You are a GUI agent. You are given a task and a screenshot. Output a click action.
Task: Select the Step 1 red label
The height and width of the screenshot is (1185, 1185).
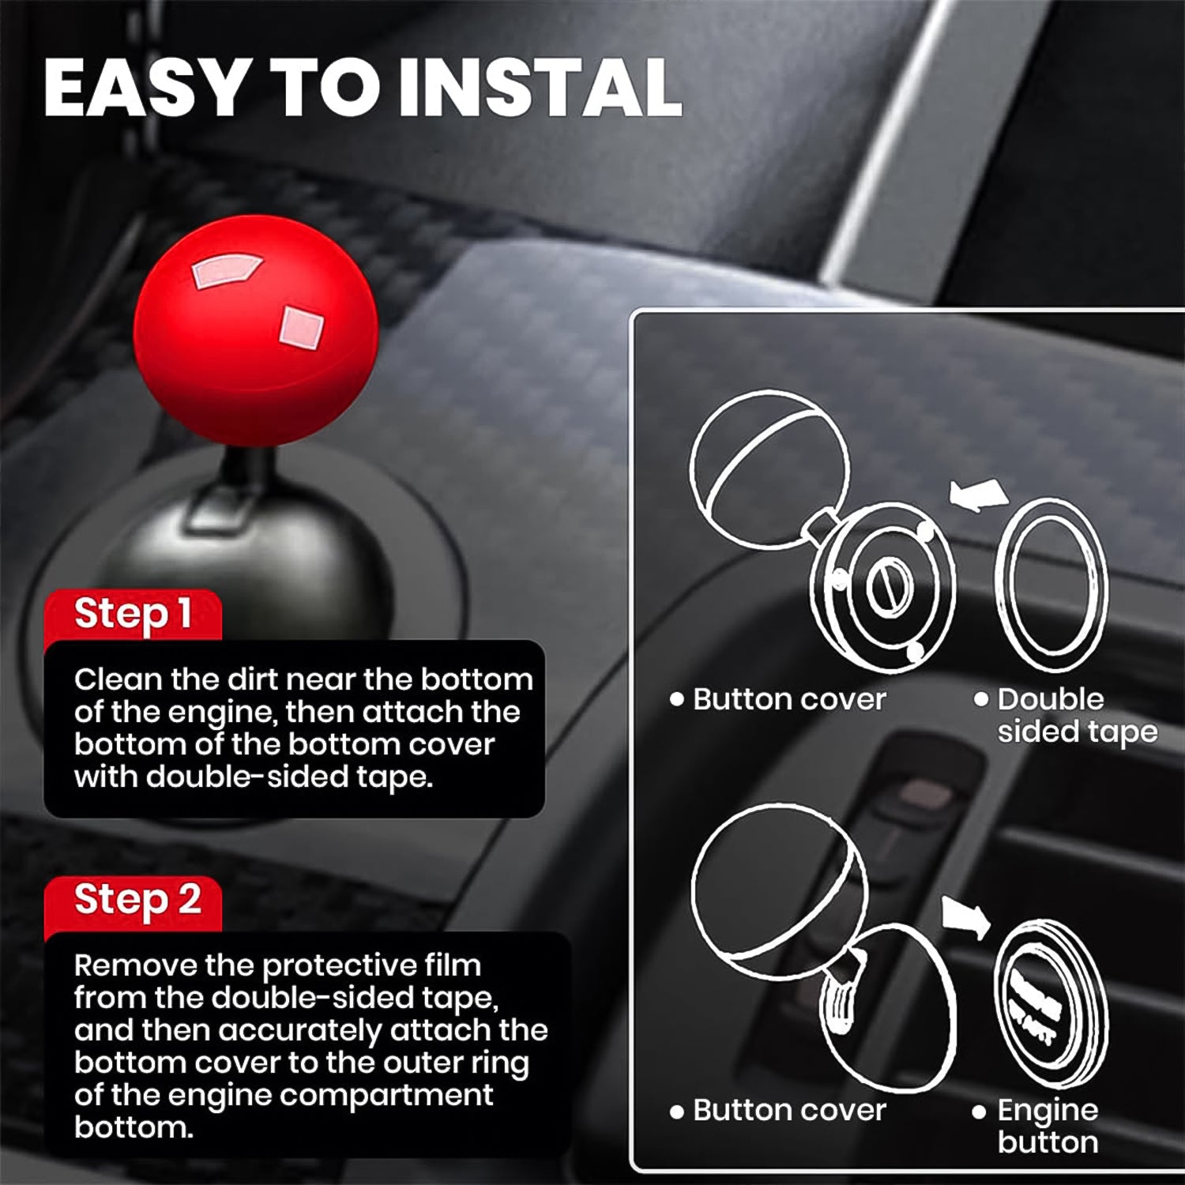tap(133, 614)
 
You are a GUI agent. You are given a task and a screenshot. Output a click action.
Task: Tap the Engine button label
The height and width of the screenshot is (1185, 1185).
tap(1047, 1126)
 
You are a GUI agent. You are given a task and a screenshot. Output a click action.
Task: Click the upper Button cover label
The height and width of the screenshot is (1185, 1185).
tap(788, 699)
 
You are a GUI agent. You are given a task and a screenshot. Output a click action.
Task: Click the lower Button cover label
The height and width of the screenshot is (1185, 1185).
tap(788, 1110)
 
